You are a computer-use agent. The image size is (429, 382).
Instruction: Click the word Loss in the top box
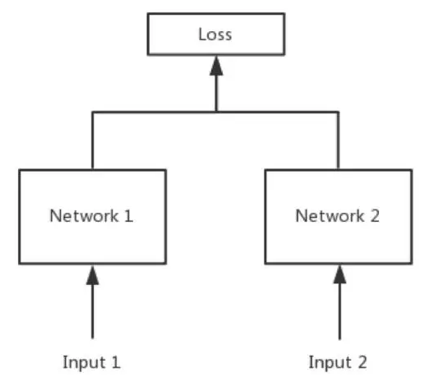click(215, 35)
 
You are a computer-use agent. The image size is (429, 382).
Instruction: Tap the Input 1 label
click(91, 362)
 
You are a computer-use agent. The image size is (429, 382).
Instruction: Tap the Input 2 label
click(338, 362)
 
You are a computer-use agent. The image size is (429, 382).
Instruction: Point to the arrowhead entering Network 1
click(93, 275)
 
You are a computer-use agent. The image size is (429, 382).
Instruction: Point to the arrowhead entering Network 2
click(339, 275)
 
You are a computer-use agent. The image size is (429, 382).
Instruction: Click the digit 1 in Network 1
click(128, 216)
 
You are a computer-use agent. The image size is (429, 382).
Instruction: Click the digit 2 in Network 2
click(375, 216)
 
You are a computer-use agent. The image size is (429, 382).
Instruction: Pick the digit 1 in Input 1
click(116, 361)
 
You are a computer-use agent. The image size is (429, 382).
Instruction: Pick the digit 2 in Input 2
click(362, 361)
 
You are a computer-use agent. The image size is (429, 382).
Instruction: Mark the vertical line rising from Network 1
click(93, 140)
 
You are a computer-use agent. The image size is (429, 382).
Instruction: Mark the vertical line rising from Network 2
click(339, 140)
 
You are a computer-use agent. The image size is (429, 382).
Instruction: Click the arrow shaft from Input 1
click(93, 311)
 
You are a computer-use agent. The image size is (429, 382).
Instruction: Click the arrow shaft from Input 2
click(339, 311)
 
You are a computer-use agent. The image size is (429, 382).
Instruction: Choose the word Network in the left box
click(84, 216)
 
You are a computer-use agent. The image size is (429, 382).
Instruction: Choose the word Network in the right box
click(330, 216)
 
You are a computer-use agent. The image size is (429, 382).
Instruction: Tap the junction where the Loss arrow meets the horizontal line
click(216, 112)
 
